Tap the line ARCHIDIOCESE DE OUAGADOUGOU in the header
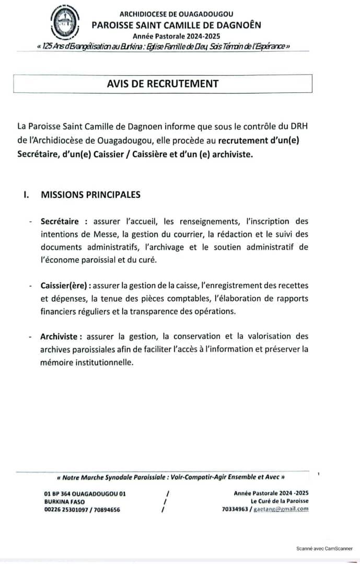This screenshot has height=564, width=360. [176, 14]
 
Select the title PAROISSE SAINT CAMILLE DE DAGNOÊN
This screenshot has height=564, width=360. [176, 25]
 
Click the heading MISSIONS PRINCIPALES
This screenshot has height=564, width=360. [91, 195]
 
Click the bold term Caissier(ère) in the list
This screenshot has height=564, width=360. [64, 286]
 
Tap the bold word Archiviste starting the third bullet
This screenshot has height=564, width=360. [59, 336]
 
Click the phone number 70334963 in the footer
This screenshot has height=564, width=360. [235, 509]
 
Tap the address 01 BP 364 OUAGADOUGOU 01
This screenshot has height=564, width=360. [85, 494]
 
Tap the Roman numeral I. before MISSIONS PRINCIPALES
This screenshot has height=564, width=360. [26, 195]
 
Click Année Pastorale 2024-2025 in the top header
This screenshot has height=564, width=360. [176, 36]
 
